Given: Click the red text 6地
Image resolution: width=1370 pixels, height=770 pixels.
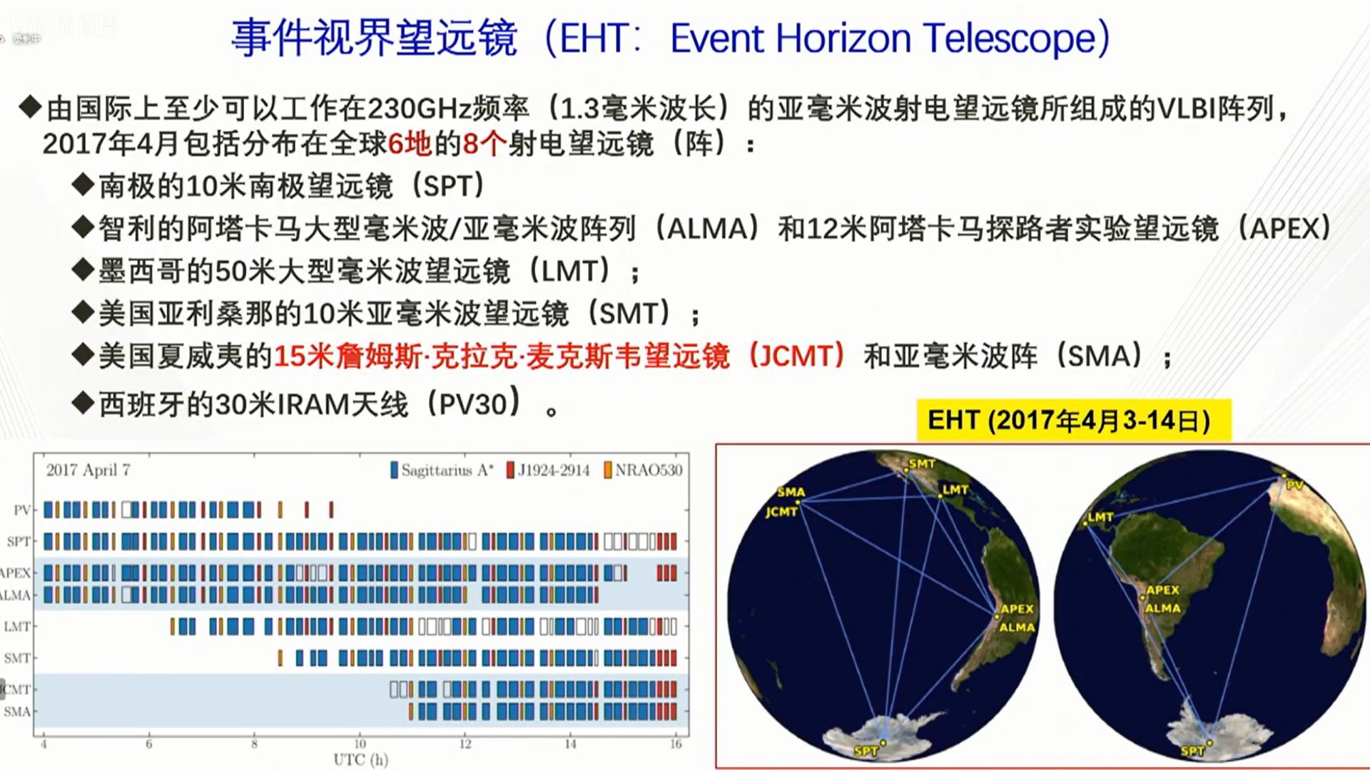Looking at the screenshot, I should point(410,144).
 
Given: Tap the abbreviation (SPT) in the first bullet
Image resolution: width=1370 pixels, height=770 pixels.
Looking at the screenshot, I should point(454,187).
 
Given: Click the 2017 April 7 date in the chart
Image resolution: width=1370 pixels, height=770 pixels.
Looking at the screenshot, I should point(88,471).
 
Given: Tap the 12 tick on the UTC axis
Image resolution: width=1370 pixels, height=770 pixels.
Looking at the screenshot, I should point(465,744).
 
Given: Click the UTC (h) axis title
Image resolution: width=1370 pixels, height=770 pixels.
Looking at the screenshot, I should point(361,759).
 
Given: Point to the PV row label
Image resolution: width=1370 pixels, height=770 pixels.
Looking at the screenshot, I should point(22,510).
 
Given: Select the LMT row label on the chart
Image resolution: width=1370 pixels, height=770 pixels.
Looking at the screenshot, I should point(17,627).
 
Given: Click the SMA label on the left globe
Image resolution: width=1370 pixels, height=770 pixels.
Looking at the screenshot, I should point(791,492).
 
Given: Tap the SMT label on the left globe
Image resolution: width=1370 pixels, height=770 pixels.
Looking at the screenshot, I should point(921,464).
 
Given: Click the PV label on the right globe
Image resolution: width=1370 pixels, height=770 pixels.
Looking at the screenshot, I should point(1294,486).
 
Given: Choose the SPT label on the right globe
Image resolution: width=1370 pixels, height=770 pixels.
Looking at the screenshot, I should point(1192,751).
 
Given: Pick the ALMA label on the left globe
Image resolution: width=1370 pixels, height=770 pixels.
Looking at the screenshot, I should point(1017,627).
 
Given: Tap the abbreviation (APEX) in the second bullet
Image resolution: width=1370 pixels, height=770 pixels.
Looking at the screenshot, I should point(1284,229).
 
